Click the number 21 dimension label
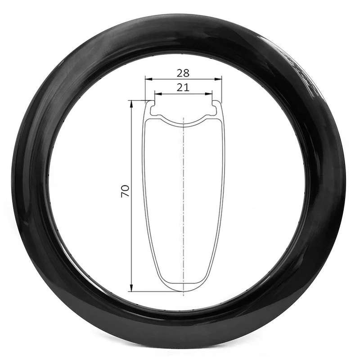[x=183, y=88]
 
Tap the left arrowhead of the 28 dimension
[x=147, y=79]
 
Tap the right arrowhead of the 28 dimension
[x=220, y=79]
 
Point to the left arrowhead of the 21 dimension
[x=157, y=94]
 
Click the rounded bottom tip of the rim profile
[x=183, y=291]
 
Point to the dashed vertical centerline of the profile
[x=184, y=202]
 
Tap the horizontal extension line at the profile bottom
[x=148, y=291]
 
